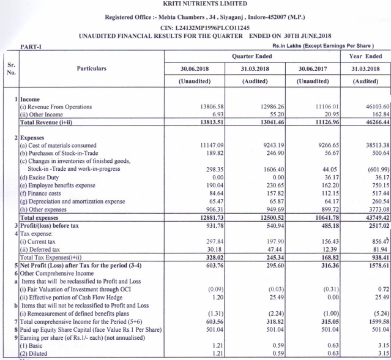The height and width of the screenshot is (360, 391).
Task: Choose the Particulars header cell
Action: point(91,69)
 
